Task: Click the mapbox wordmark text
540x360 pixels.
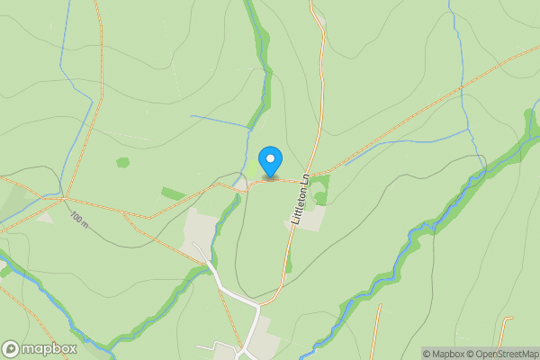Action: click(49, 348)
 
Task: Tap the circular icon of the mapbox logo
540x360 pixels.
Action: click(12, 348)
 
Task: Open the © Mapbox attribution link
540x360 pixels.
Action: click(446, 354)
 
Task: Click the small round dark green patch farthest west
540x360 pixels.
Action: click(122, 163)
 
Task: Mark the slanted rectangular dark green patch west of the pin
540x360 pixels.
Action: click(174, 193)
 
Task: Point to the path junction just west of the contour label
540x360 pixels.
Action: click(66, 197)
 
